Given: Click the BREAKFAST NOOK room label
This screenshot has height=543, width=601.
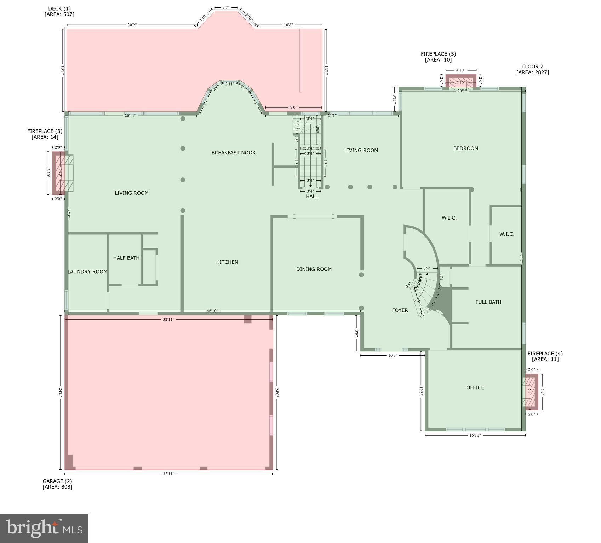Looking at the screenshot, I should tap(233, 153).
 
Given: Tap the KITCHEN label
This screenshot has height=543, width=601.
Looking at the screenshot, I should tap(227, 262).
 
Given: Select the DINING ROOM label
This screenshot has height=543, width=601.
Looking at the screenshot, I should tap(314, 269).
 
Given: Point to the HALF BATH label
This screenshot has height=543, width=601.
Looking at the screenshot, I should tap(126, 258).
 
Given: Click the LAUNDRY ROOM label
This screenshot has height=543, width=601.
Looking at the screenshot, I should tap(87, 271).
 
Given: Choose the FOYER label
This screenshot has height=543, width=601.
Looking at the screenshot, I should tap(400, 310).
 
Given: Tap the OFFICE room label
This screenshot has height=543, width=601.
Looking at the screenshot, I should tap(475, 387).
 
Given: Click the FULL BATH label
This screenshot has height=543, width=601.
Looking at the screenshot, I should tap(488, 302).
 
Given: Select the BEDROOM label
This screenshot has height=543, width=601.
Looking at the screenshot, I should tap(465, 148).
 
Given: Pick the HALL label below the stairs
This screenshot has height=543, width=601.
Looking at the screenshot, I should tap(312, 196).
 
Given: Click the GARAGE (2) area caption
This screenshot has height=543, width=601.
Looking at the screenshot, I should tap(57, 484).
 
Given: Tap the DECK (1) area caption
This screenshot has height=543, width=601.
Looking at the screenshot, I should tap(59, 11).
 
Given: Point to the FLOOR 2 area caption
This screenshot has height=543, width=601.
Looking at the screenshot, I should tap(532, 69).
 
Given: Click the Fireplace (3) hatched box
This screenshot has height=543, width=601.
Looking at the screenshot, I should tap(59, 173).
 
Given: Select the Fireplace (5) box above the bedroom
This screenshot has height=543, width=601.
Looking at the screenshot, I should tap(460, 81).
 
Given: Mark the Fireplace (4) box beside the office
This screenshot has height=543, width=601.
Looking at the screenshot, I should tap(531, 392).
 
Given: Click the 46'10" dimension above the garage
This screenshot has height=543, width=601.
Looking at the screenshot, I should tap(212, 311).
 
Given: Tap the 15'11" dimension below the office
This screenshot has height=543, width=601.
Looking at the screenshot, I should tap(475, 435).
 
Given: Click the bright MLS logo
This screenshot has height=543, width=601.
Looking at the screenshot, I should tap(44, 528).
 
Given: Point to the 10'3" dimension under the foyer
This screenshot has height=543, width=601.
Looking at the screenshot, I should tap(393, 355).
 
